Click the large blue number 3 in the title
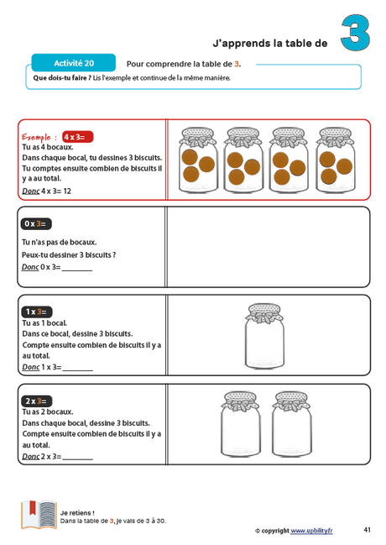356,34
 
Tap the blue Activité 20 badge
73,63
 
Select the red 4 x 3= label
77,136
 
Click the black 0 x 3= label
36,223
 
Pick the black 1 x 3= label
36,312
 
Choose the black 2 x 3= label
36,401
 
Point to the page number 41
368,530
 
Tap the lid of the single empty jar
267,312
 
